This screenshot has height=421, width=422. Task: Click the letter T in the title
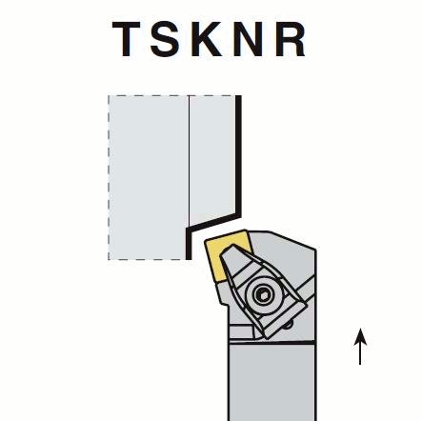126,39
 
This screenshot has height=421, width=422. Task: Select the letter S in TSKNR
166,39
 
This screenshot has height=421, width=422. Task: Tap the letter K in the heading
207,39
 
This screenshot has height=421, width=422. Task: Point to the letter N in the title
248,39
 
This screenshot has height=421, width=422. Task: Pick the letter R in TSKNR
291,39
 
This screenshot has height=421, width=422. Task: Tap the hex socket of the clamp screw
263,294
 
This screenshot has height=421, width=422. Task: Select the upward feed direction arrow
360,347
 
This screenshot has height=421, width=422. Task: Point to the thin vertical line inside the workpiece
190,161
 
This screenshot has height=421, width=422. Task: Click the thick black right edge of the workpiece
238,155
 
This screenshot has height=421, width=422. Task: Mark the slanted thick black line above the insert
213,222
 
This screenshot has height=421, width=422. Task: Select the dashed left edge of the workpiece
109,177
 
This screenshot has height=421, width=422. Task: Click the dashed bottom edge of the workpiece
148,260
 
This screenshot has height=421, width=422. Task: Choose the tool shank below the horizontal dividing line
271,382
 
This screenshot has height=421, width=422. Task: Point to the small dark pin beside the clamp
289,325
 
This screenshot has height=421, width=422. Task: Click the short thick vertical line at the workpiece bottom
189,244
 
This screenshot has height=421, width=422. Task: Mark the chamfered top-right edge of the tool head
292,240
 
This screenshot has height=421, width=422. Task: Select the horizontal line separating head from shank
271,342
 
